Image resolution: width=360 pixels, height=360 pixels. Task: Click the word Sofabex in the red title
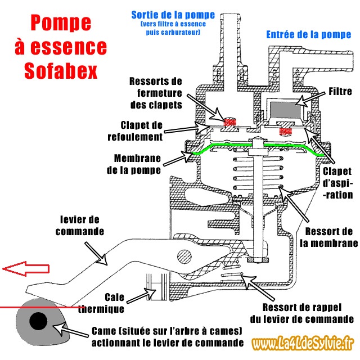pos(60,71)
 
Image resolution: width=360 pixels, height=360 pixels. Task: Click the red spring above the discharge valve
pos(228,121)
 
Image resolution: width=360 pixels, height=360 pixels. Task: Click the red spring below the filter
pos(286,131)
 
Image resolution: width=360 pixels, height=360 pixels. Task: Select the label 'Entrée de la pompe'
pos(308,35)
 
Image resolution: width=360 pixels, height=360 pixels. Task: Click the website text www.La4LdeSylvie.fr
pos(303,343)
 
